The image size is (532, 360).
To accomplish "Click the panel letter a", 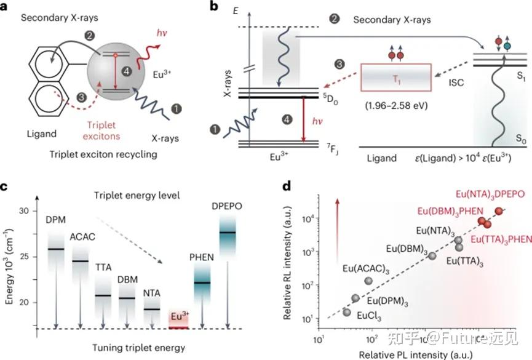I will click(7, 8).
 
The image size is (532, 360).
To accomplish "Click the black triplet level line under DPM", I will click(57, 249).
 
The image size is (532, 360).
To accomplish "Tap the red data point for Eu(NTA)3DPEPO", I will click(499, 211).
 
